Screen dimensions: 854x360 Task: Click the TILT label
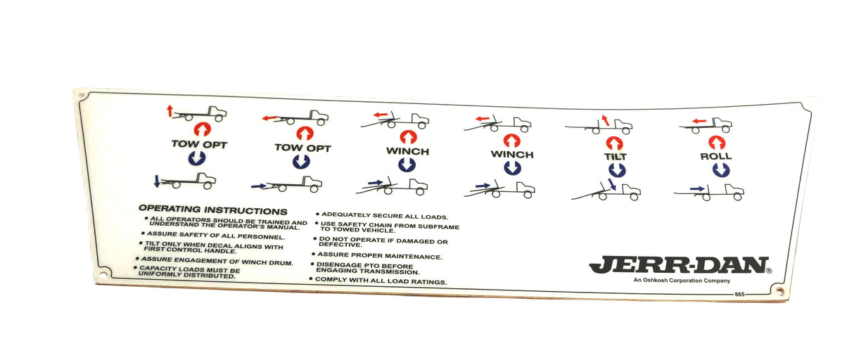(616, 157)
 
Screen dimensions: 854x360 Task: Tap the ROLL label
(716, 156)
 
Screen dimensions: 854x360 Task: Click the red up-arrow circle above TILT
(615, 143)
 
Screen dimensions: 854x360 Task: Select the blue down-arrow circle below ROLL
(721, 170)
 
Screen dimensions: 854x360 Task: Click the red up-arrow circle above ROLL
(717, 143)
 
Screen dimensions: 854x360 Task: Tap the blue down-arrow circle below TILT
(617, 170)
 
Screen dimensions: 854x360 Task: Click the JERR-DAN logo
(680, 265)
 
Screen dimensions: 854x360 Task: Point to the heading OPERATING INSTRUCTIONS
(212, 210)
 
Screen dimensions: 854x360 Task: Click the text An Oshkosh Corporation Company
(682, 281)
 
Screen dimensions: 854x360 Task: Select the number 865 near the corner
(739, 294)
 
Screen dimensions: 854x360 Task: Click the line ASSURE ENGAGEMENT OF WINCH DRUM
(215, 261)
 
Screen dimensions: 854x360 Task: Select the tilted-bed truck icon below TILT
(606, 192)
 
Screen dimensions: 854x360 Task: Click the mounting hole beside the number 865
(780, 291)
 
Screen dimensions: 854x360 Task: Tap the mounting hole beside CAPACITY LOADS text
(102, 275)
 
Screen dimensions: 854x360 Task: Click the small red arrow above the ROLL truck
(699, 121)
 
